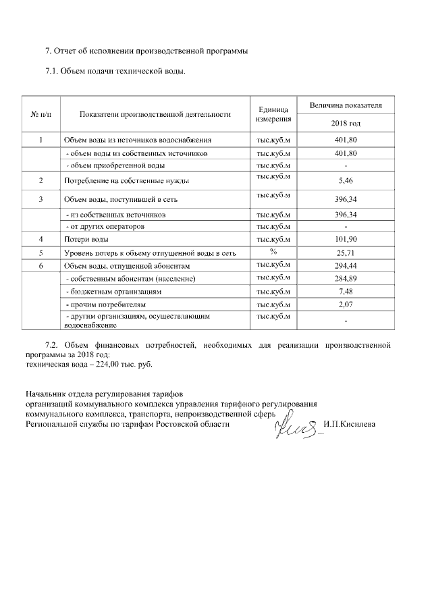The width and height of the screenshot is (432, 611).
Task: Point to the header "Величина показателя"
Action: (346, 106)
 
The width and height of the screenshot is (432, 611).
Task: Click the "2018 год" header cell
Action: (346, 124)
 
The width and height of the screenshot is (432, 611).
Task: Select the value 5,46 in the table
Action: (346, 182)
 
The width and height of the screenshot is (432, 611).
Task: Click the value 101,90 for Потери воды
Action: (346, 240)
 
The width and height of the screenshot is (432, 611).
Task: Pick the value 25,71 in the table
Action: (346, 253)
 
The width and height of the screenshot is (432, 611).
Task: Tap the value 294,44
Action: (346, 266)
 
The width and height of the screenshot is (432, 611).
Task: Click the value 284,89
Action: (346, 279)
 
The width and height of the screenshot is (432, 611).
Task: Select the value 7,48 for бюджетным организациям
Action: (346, 292)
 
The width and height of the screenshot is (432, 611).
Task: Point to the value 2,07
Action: (346, 305)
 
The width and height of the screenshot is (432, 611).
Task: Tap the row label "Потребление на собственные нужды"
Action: (126, 182)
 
